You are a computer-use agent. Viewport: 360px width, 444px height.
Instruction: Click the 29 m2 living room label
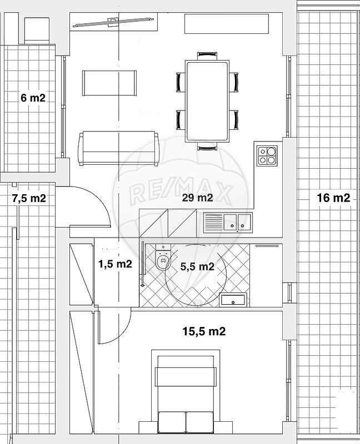click(x=197, y=198)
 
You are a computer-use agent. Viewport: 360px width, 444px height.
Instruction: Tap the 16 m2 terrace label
click(x=333, y=198)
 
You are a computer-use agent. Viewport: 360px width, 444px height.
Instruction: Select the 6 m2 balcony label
click(x=33, y=98)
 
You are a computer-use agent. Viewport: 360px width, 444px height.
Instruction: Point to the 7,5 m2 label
click(x=29, y=198)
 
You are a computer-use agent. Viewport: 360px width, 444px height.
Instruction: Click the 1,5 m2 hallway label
click(x=115, y=264)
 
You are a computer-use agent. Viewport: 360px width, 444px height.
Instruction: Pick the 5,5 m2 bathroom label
click(x=197, y=266)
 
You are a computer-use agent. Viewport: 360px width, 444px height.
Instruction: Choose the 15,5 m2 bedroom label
click(x=204, y=331)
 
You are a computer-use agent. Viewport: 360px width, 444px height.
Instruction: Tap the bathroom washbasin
click(x=233, y=300)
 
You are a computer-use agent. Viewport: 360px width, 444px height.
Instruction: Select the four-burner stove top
click(x=267, y=156)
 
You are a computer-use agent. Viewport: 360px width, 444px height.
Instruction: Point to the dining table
click(x=207, y=101)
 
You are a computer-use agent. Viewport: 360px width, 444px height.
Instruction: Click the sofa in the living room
click(x=119, y=148)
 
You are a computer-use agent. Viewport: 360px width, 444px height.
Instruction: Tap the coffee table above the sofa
click(x=109, y=83)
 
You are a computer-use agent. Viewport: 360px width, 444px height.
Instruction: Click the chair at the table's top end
click(x=207, y=56)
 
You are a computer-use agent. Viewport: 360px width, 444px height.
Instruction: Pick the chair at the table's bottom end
click(x=207, y=147)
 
